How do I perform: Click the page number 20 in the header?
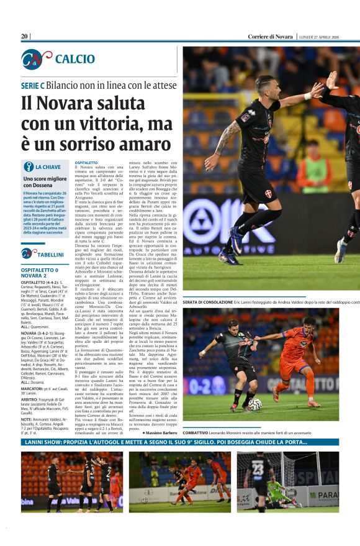(25, 36)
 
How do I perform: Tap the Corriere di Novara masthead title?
(271, 36)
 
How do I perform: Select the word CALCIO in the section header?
(74, 59)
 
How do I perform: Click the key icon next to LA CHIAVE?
(28, 166)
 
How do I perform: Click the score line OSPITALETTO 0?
(40, 270)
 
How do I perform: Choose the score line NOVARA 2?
(36, 276)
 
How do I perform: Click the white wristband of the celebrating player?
(307, 96)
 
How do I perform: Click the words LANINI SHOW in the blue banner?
(43, 442)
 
